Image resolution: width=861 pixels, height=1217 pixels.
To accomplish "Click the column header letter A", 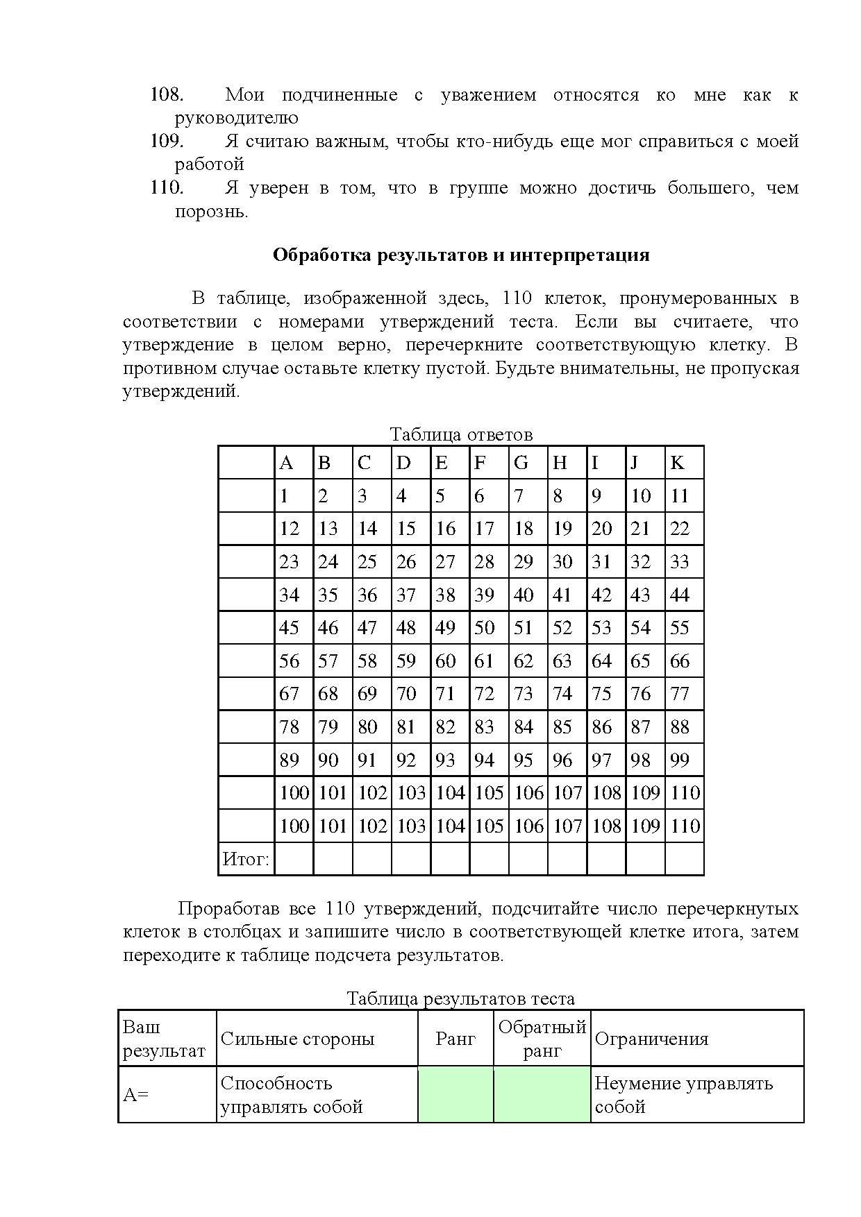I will pos(286,463).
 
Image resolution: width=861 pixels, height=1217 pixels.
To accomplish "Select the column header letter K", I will pos(678,463).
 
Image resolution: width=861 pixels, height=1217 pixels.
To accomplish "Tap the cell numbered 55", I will pos(680,628).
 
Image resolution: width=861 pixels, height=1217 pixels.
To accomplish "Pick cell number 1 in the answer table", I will pos(285,496).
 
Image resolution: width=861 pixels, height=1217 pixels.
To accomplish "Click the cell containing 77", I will pos(680,694).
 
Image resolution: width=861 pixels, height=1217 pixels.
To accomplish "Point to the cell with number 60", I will pos(445,661).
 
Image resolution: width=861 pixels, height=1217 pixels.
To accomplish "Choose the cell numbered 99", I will pos(680,760).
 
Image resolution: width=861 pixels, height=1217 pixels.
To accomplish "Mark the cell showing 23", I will pos(289,562).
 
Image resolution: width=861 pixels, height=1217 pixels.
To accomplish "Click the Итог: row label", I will pos(246,860).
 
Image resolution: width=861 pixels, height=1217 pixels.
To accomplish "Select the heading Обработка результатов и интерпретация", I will pos(461,255).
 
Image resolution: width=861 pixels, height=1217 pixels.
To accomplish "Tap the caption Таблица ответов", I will pos(461,435).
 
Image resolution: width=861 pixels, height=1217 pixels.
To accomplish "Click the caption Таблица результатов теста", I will pos(461,999).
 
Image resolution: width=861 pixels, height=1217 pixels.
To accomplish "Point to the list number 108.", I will pos(167,95).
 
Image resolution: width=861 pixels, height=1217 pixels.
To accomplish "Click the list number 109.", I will pos(167,142).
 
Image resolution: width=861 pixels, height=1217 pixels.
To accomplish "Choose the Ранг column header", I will pos(455,1039).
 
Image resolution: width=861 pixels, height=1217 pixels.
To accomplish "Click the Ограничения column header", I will pos(652,1039).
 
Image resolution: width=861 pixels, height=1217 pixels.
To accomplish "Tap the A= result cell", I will pos(136,1095).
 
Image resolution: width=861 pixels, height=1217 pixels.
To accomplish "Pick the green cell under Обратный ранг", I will pos(542,1095).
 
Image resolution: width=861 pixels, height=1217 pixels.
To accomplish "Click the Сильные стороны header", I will pos(297,1039).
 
